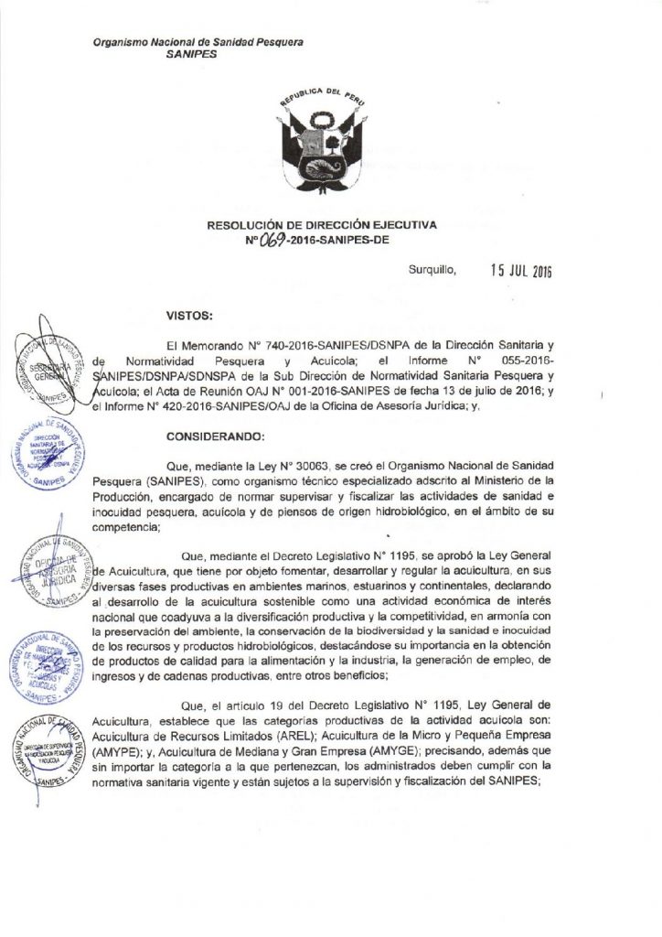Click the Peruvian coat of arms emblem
[331, 147]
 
